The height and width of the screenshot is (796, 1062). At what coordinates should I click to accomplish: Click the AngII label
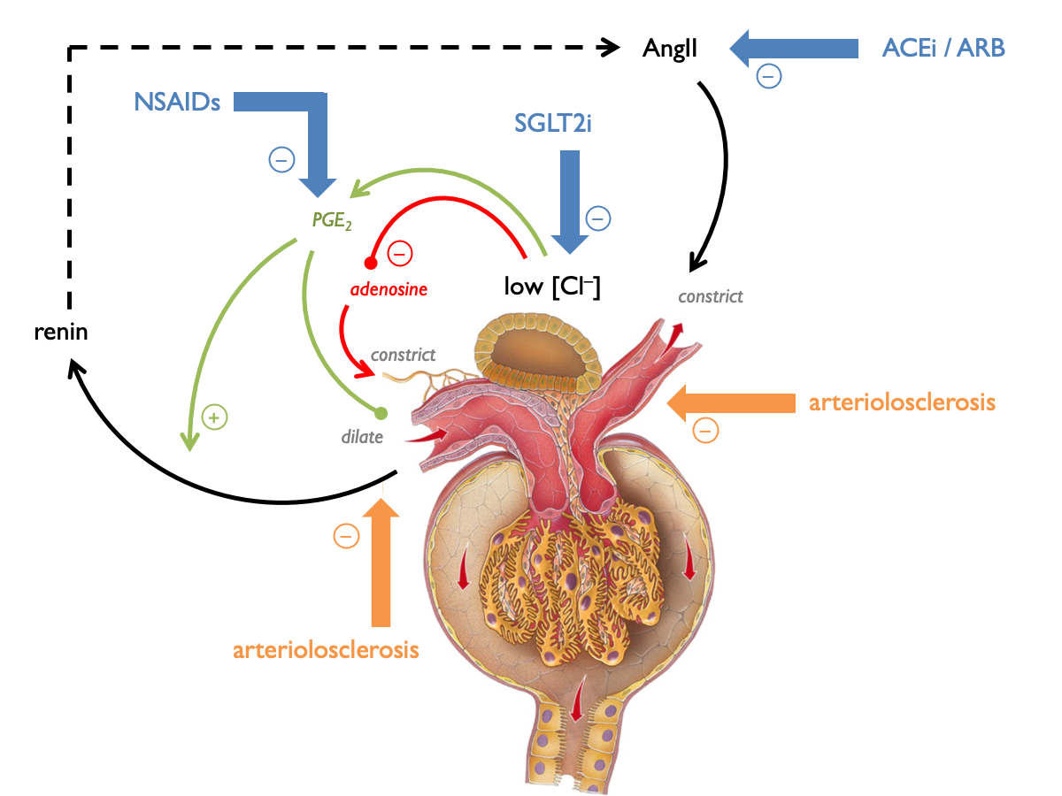pyautogui.click(x=670, y=49)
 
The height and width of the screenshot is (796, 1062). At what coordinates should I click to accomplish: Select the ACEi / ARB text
pyautogui.click(x=943, y=48)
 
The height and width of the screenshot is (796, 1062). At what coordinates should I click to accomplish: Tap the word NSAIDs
pyautogui.click(x=177, y=102)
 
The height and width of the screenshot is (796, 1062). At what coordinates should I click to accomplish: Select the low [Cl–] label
pyautogui.click(x=552, y=287)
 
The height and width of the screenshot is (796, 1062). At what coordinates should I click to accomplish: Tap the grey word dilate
pyautogui.click(x=362, y=436)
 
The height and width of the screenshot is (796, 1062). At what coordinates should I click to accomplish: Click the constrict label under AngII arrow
pyautogui.click(x=710, y=296)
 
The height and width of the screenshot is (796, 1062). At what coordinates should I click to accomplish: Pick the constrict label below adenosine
pyautogui.click(x=403, y=355)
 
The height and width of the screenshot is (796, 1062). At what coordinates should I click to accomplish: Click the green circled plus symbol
pyautogui.click(x=212, y=415)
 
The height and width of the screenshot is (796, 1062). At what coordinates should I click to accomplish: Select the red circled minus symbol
pyautogui.click(x=398, y=255)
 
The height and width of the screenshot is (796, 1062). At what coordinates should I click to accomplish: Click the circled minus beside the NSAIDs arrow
pyautogui.click(x=281, y=160)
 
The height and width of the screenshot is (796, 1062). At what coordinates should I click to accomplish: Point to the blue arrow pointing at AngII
pyautogui.click(x=792, y=48)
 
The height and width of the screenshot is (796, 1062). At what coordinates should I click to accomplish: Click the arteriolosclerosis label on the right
pyautogui.click(x=902, y=403)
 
